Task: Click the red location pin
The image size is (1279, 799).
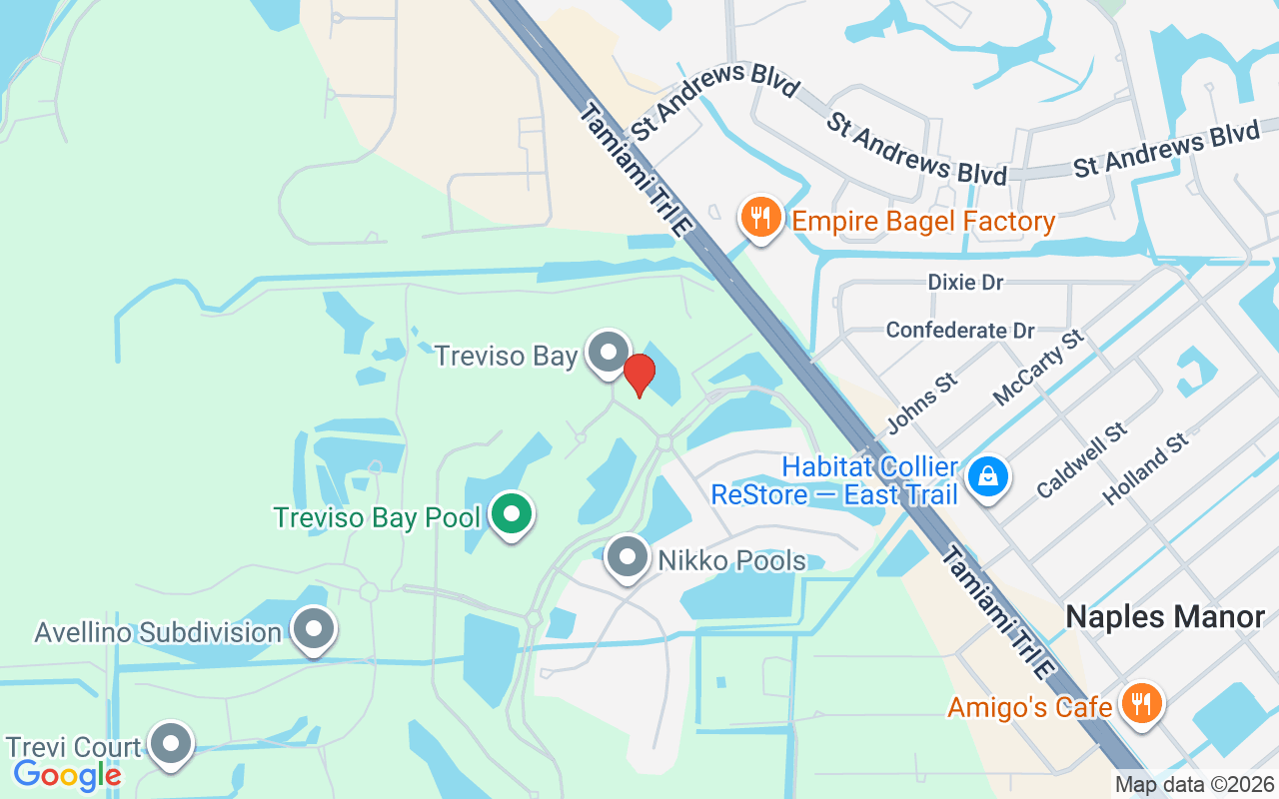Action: pos(639,376)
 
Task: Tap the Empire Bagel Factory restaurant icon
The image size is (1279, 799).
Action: pos(761,217)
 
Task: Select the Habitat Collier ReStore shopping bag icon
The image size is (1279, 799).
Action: pos(988,477)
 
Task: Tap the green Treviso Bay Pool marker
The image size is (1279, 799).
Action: pos(513,514)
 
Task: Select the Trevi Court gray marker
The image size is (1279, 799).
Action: pos(171,744)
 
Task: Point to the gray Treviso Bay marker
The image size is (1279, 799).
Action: pos(607,353)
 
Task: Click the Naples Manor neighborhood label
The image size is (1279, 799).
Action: pos(1165,616)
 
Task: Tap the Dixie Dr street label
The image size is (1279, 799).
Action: pos(965,283)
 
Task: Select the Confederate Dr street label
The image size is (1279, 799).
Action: pos(960,330)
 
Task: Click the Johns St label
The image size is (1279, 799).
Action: pos(921,403)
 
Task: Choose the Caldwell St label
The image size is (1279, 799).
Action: pos(1082,460)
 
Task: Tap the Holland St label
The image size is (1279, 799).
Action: pos(1145,467)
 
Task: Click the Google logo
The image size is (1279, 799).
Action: pos(67,775)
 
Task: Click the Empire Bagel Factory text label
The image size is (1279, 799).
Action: pos(923,221)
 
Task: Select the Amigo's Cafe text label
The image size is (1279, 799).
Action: pos(1029,708)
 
